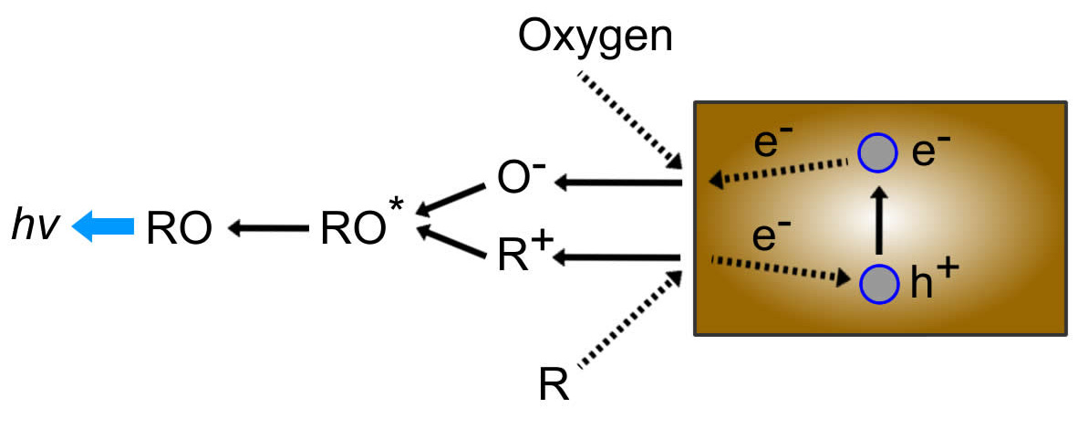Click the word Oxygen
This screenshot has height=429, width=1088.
(596, 36)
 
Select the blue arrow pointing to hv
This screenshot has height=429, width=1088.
(102, 227)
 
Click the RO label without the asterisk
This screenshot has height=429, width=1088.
(180, 228)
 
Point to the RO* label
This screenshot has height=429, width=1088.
(359, 228)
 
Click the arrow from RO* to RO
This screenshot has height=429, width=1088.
(268, 228)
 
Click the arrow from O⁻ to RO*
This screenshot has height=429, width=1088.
(451, 200)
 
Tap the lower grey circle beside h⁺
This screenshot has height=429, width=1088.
(876, 282)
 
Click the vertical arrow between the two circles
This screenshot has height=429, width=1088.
(877, 219)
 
